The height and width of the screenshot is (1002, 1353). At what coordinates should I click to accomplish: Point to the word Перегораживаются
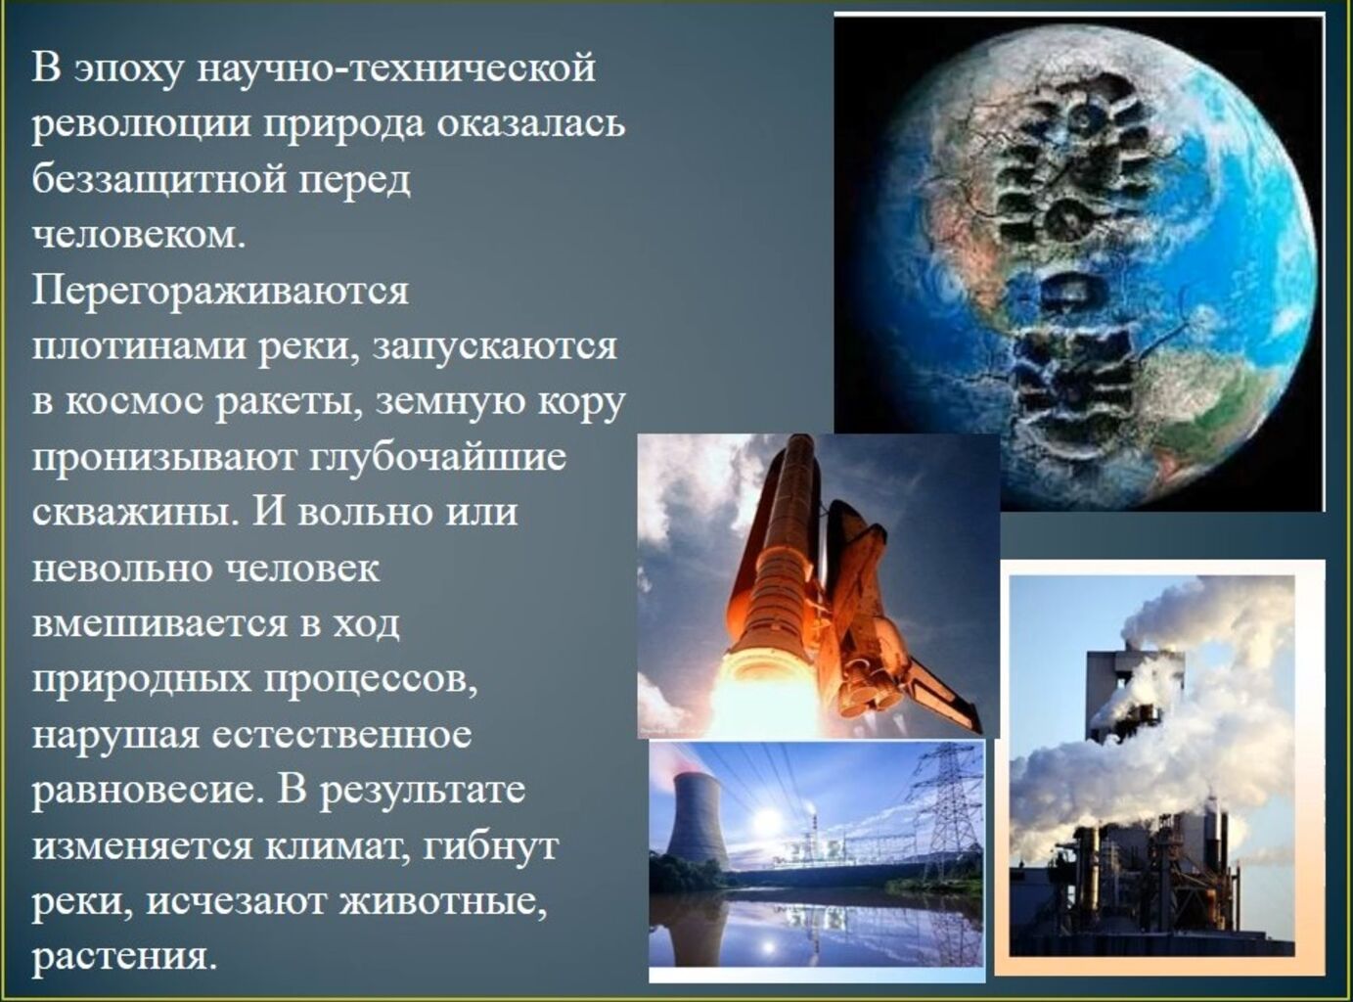coord(220,292)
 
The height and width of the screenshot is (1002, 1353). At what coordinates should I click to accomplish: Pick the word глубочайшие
coord(439,459)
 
